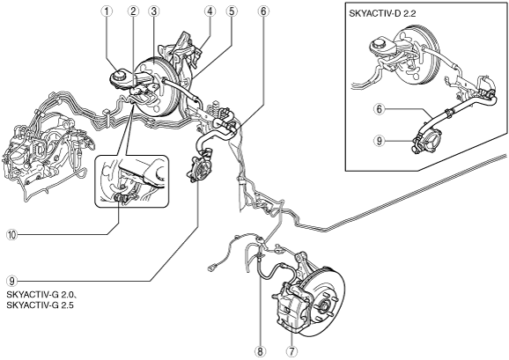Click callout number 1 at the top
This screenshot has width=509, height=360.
[107, 11]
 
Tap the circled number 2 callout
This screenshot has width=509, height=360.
[133, 11]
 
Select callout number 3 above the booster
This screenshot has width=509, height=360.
[153, 11]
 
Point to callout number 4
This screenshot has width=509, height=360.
[210, 11]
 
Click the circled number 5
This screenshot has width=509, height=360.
[232, 11]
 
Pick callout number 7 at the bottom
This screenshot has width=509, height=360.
[291, 351]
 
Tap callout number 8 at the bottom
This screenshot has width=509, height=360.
[261, 351]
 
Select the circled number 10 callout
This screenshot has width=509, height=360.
[11, 234]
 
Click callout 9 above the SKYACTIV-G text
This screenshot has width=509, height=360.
[11, 281]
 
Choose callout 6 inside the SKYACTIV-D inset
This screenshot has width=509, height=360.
[380, 109]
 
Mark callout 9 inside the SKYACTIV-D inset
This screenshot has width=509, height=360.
[380, 141]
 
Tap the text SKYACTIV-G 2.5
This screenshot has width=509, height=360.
[40, 305]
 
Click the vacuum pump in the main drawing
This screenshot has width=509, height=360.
[199, 169]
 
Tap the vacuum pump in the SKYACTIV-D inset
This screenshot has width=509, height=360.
[426, 142]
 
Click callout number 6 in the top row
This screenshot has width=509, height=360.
[263, 11]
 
